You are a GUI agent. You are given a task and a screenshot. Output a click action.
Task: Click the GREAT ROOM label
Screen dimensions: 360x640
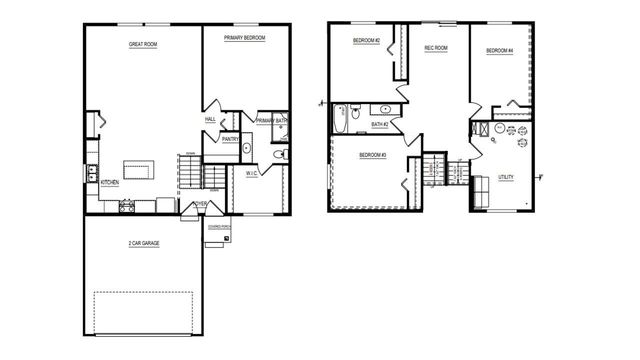pos(143,45)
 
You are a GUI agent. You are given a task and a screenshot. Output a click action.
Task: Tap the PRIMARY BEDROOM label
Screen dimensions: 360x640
pos(244,37)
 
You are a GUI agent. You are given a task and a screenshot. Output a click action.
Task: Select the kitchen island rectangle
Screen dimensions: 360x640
pos(139,167)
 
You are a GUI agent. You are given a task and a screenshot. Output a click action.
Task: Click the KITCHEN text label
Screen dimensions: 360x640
pos(109,183)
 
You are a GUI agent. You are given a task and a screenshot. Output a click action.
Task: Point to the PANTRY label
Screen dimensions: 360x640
pos(229,140)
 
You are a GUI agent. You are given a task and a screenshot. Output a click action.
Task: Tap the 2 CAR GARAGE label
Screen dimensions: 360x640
pos(145,243)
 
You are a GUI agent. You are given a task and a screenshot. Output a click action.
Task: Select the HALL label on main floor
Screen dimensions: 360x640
pos(210,120)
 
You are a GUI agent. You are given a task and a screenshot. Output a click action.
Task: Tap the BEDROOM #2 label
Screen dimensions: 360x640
pos(365,41)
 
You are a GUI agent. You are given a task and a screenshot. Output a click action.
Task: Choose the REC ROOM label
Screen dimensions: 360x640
pos(435,48)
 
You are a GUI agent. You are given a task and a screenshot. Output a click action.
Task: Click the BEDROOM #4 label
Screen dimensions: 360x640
pos(499,51)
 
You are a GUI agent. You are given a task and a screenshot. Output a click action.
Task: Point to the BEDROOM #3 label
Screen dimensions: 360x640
pos(372,155)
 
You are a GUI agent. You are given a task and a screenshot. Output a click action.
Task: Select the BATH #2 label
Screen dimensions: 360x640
pos(380,125)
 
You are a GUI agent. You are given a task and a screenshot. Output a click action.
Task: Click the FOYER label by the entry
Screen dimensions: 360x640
pos(200,204)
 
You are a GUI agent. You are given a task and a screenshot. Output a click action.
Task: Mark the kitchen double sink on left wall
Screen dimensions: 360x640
pos(92,172)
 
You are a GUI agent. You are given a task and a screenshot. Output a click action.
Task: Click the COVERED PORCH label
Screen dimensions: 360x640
pos(219,227)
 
